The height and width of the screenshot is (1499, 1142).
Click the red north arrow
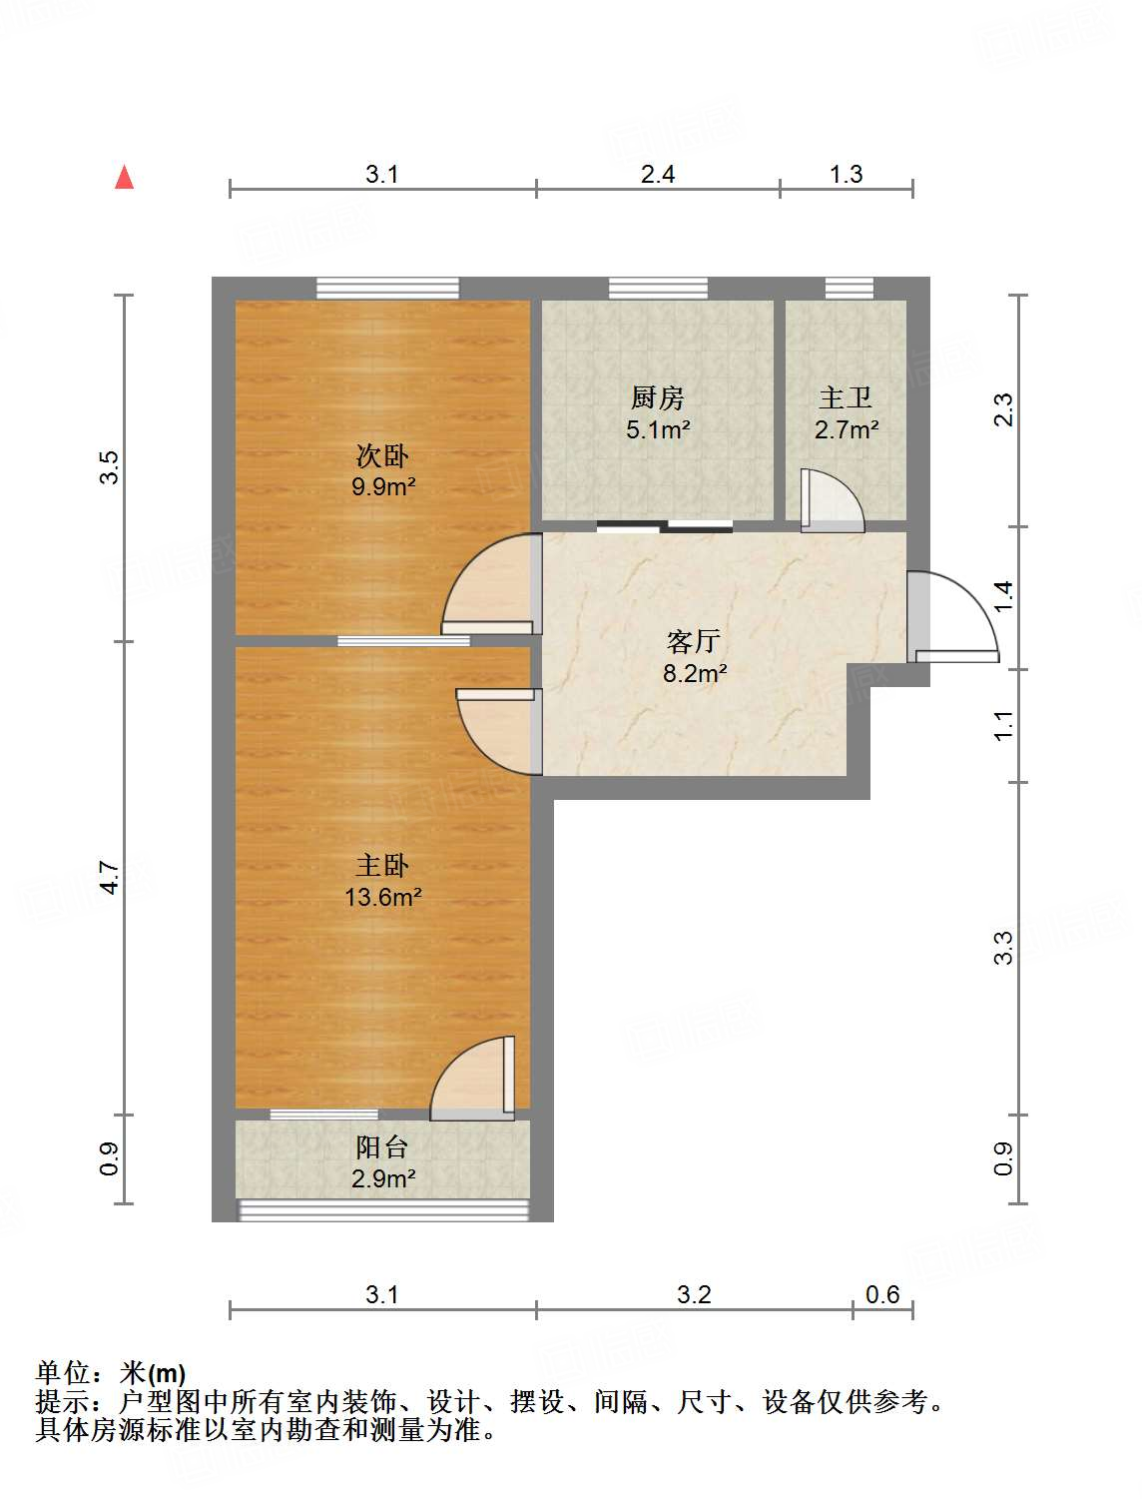click(124, 178)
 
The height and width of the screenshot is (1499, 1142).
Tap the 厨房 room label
click(657, 398)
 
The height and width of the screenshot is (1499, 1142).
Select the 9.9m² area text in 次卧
click(382, 487)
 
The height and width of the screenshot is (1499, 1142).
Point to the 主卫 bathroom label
click(845, 398)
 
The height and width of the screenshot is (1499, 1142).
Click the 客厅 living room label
click(693, 641)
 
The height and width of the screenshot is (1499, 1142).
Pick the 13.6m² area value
click(382, 897)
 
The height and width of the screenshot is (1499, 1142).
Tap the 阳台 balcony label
click(382, 1147)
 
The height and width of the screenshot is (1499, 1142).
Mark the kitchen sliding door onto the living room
click(665, 525)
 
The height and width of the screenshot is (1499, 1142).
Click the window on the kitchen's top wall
click(658, 289)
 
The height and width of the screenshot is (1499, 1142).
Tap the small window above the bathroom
click(849, 289)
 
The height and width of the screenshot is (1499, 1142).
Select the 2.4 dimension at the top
click(657, 175)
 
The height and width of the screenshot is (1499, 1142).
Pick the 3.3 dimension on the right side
click(1003, 948)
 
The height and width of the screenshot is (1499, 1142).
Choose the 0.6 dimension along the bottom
click(882, 1295)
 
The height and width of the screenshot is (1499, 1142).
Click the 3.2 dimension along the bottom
click(694, 1295)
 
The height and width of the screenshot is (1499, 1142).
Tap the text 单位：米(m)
click(111, 1374)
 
